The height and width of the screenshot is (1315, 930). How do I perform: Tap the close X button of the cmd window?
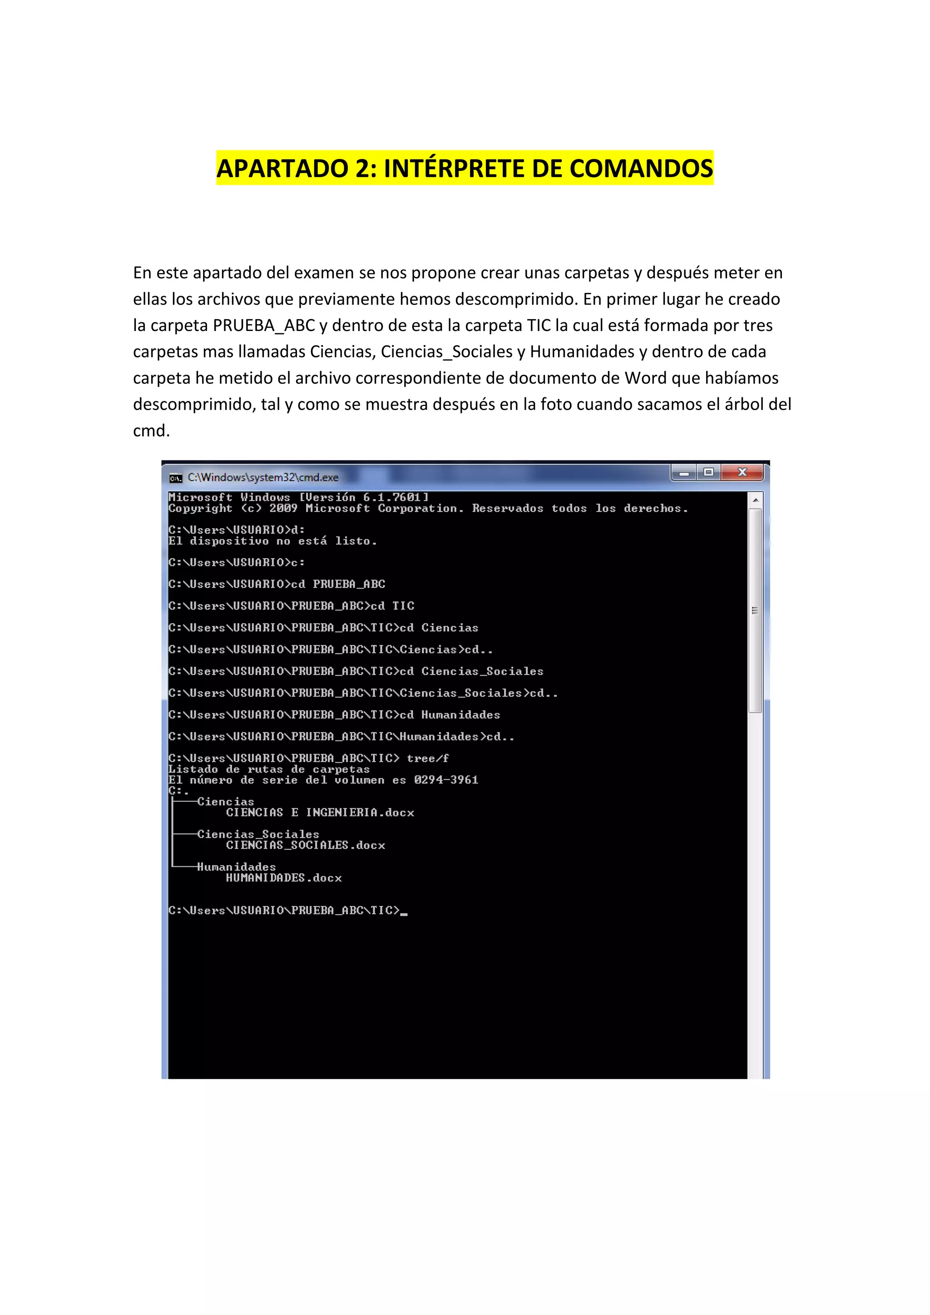coord(743,473)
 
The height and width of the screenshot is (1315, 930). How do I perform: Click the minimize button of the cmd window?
coord(684,473)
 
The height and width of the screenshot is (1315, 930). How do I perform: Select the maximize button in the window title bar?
coord(708,473)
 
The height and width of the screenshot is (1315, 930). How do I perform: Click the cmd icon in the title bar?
coord(176,478)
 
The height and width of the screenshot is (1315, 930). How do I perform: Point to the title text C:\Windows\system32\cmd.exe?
coord(263,477)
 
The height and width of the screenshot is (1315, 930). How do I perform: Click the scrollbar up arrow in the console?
coord(755,500)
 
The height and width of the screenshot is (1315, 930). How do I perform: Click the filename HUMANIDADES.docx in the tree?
coord(283,877)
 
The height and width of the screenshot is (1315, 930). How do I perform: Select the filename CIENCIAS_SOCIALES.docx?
coord(305,845)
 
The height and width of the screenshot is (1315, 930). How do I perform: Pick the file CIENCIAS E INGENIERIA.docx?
coord(320,812)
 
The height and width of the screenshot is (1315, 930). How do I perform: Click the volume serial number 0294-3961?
coord(445,780)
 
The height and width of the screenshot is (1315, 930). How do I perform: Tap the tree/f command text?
coord(427,758)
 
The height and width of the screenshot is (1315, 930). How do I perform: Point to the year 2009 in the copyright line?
coord(283,508)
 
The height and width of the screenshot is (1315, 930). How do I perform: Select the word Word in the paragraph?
coord(645,378)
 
